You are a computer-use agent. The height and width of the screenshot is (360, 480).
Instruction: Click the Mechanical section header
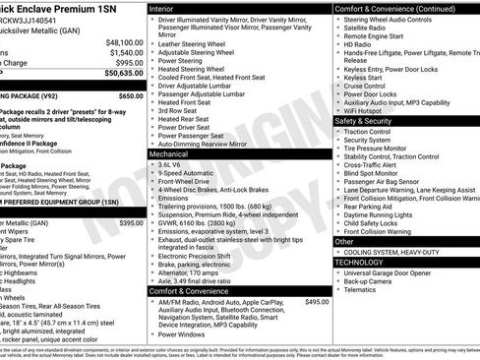tap(173, 154)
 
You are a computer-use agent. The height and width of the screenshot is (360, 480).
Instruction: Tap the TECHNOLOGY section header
tap(363, 263)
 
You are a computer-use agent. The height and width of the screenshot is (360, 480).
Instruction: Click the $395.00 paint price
tap(131, 224)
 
